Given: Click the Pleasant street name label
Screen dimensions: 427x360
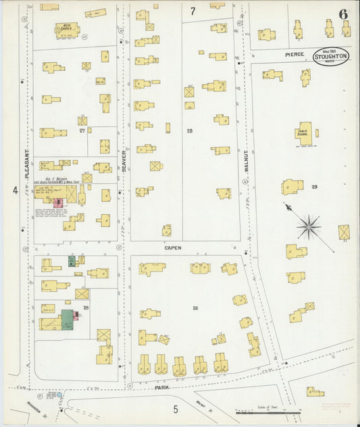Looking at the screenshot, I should [28, 166].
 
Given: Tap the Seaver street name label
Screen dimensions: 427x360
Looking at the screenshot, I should [124, 161].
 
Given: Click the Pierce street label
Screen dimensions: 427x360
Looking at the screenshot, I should [294, 54].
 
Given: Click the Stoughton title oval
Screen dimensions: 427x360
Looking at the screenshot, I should [331, 57].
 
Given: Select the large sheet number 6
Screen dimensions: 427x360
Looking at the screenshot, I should [343, 14].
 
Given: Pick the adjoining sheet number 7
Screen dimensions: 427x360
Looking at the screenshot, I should [192, 11].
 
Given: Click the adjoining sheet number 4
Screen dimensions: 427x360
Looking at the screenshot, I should [14, 191].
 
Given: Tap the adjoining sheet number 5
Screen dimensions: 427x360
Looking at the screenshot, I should [175, 409].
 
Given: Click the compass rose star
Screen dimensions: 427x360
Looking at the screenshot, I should [309, 226].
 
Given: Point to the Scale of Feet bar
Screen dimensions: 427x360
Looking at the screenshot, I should [268, 411].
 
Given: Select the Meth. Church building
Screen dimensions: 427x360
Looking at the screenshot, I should [67, 29].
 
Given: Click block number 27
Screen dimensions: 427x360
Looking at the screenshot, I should [82, 130].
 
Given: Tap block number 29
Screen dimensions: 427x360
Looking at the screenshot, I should [315, 186].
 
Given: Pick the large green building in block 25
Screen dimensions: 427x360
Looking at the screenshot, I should [68, 319].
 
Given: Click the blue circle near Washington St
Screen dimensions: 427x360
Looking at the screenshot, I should [60, 394].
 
